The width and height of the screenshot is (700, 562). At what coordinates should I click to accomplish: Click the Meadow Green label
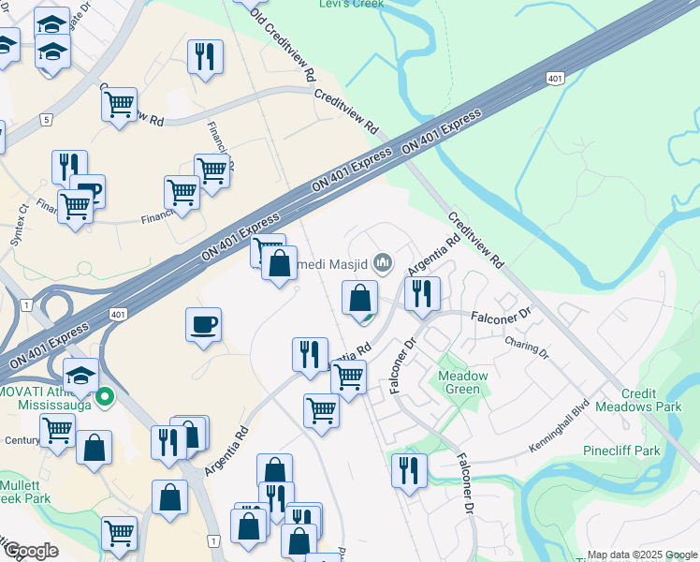463,382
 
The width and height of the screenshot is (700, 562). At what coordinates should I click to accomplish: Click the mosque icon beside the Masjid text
381,261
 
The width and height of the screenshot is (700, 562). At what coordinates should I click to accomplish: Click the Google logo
31,551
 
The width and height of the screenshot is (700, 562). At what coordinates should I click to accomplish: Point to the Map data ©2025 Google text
641,555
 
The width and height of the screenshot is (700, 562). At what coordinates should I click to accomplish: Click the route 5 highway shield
45,119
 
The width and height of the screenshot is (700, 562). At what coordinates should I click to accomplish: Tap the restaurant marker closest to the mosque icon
422,292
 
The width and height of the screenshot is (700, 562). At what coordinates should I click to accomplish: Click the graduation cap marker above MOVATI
81,374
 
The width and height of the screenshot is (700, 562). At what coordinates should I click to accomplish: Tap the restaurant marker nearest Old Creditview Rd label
204,56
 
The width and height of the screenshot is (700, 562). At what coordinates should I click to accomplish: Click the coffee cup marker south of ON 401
203,324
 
